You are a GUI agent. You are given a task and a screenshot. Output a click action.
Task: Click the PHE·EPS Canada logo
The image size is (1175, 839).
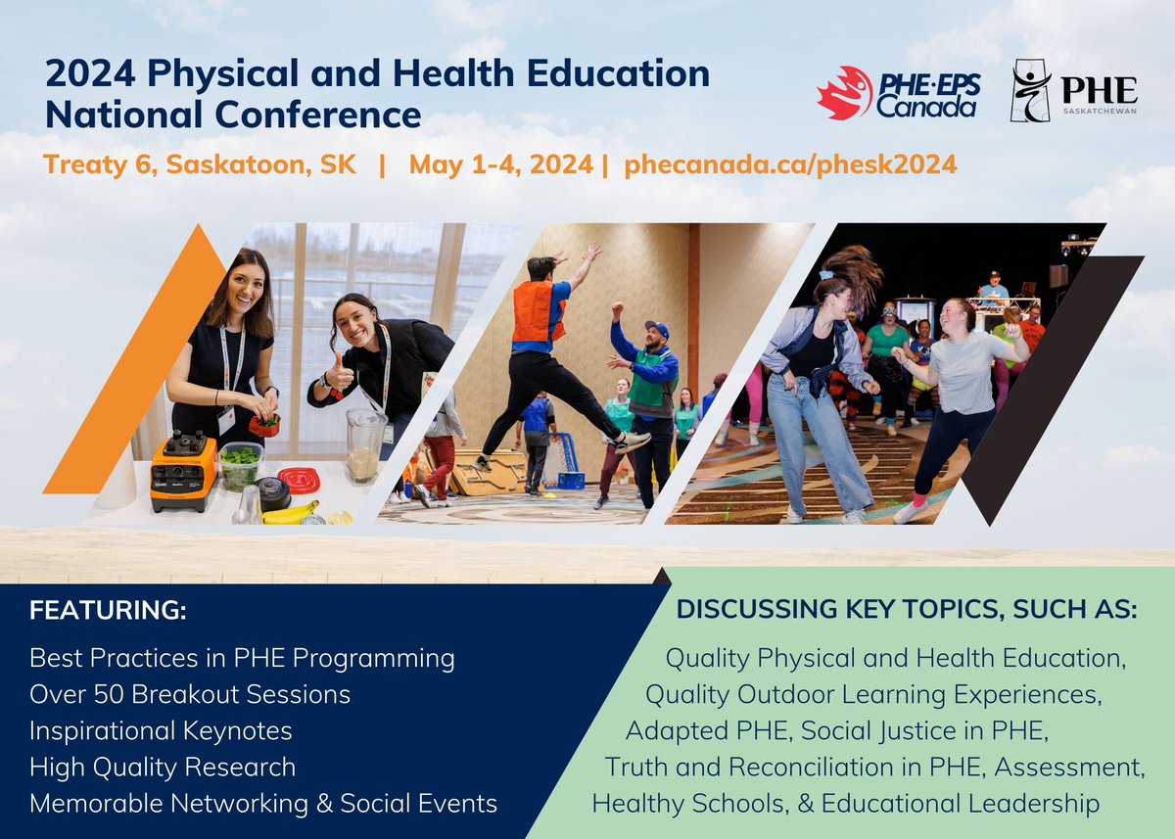[x=897, y=92]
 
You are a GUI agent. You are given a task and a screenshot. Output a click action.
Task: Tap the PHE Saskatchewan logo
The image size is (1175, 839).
[x=1073, y=91]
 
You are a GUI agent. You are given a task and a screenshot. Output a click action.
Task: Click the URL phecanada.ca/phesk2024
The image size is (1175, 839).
[x=789, y=164]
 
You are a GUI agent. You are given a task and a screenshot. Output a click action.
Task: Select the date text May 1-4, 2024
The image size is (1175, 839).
[x=500, y=164]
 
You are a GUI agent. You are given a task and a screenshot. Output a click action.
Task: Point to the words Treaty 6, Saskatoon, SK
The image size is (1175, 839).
[x=192, y=164]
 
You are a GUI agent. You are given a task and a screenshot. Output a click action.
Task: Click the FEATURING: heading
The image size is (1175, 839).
[x=108, y=611]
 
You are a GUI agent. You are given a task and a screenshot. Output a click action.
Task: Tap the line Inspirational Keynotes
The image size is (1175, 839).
[x=161, y=730]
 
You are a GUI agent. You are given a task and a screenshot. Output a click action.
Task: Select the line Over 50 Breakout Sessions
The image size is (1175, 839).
[x=190, y=694]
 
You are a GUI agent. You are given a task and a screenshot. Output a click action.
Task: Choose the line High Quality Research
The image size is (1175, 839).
[x=163, y=767]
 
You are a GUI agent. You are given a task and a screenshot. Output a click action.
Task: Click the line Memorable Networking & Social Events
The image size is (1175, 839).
[x=263, y=804]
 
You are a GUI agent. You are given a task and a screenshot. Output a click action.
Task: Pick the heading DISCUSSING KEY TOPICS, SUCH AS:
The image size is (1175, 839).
[x=907, y=611]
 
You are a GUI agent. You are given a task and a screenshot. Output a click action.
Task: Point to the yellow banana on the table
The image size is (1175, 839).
[x=290, y=513]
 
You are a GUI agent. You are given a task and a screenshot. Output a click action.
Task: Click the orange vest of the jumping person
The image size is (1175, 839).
[x=538, y=310]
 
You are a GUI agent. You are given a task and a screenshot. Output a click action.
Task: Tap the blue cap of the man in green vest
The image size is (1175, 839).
[x=657, y=328]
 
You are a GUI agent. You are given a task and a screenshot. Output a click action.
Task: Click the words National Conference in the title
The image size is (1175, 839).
[x=233, y=116]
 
